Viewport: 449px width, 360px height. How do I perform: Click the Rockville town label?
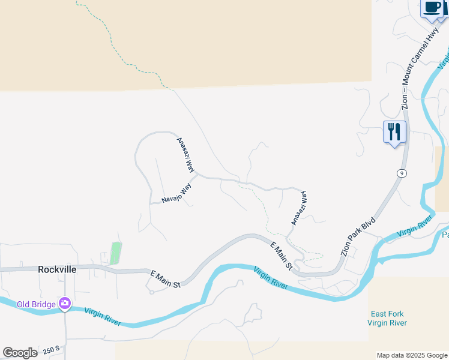57,269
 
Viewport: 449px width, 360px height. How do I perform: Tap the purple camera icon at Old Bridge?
65,304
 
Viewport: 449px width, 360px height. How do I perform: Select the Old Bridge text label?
37,304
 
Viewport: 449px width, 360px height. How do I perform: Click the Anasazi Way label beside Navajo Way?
185,155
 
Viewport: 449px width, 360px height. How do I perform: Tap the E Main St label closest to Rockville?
164,280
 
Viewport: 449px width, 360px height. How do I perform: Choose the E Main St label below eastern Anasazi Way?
280,256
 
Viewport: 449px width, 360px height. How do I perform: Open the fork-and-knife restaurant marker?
394,131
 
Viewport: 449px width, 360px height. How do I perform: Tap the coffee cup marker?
432,8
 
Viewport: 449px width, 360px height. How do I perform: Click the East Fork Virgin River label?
388,319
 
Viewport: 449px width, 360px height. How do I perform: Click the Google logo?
20,353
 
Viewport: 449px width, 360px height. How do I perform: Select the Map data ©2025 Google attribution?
412,355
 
